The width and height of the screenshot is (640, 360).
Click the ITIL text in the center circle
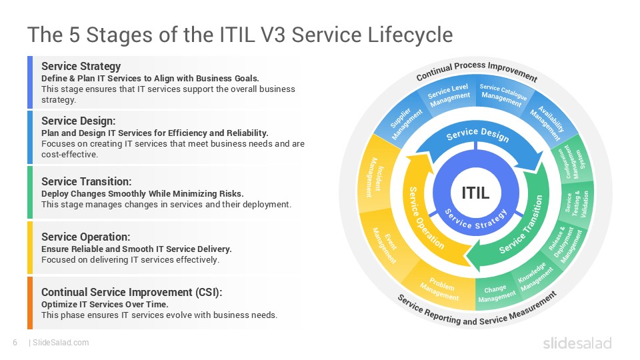pyautogui.click(x=476, y=193)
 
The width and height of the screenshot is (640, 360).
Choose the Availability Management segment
pyautogui.click(x=546, y=119)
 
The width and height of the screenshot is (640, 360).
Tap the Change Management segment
pyautogui.click(x=497, y=294)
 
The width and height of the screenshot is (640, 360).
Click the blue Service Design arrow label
pyautogui.click(x=477, y=135)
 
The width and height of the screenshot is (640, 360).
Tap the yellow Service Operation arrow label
pyautogui.click(x=427, y=217)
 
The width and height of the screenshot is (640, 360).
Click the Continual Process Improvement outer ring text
pyautogui.click(x=476, y=69)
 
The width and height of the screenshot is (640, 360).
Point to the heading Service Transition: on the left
pyautogui.click(x=86, y=181)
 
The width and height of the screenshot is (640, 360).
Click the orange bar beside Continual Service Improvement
pyautogui.click(x=30, y=303)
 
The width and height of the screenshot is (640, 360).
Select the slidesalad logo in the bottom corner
pyautogui.click(x=577, y=343)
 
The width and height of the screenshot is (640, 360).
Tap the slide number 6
pyautogui.click(x=14, y=343)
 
